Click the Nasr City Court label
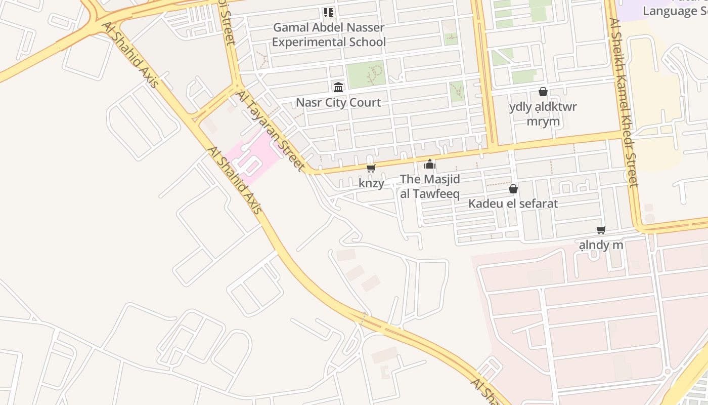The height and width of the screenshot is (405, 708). click(338, 103)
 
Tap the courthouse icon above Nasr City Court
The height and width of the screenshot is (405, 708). click(338, 87)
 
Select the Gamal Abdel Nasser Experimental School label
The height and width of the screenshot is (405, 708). click(329, 34)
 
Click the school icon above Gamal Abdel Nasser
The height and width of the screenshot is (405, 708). click(329, 12)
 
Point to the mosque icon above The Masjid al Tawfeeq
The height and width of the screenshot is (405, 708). click(430, 164)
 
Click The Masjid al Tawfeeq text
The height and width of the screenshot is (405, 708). click(430, 186)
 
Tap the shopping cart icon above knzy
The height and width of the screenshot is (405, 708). click(371, 168)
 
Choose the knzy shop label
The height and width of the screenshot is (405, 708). click(371, 183)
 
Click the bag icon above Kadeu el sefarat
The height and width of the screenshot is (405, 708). click(513, 189)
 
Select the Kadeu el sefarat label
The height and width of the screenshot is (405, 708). click(513, 204)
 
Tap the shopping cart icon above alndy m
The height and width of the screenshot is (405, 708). click(601, 230)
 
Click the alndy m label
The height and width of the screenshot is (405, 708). click(601, 246)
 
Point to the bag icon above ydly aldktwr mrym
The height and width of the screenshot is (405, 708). click(543, 92)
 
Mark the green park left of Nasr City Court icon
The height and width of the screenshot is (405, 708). click(366, 74)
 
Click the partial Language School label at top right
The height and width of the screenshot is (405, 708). click(675, 10)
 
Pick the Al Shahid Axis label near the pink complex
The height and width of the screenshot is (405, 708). click(235, 180)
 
